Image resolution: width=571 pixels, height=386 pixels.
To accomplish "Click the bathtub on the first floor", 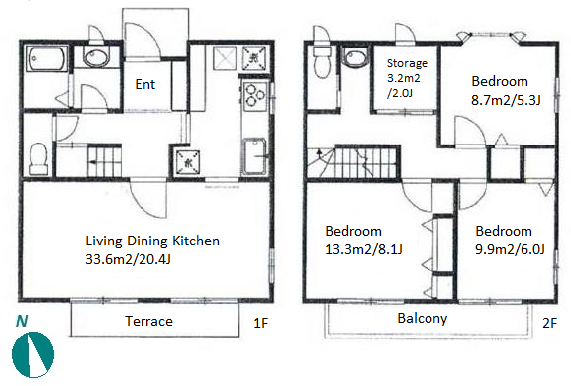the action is tap(46, 59).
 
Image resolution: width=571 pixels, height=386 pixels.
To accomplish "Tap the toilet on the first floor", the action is tap(38, 158).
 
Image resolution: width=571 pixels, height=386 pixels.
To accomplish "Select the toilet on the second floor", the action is tap(321, 61).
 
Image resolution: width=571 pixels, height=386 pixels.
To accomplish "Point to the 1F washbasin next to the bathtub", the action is tap(96, 57).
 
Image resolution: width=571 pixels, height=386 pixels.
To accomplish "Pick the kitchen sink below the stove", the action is tap(254, 155).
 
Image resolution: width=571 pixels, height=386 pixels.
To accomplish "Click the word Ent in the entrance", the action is tap(144, 84).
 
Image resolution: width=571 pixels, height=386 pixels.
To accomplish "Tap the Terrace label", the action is tap(148, 321).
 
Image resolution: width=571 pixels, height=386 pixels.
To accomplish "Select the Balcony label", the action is tap(422, 319).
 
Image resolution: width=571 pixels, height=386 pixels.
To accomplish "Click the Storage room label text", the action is tap(407, 63).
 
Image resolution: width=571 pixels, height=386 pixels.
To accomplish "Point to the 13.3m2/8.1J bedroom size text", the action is tap(363, 249).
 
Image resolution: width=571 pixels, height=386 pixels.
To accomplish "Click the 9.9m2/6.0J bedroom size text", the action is tap(510, 249).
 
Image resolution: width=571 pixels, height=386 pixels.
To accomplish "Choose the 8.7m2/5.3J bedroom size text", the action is tap(506, 100).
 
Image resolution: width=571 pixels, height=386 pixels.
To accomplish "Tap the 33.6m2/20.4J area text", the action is tap(128, 259).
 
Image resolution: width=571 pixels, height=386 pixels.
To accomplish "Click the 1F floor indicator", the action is tap(260, 323).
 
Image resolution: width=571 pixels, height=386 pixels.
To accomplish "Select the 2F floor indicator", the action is tap(550, 323).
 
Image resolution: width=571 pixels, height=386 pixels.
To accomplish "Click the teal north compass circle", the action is tap(33, 354).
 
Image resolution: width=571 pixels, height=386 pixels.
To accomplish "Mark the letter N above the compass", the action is tap(22, 322).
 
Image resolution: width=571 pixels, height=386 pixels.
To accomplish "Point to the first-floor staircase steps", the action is tap(104, 160).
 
